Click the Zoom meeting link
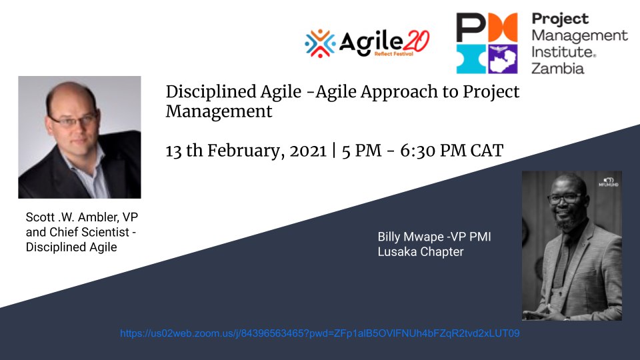(x=319, y=333)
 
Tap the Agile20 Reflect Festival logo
(x=367, y=43)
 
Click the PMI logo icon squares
(x=487, y=43)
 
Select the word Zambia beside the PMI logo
(x=557, y=68)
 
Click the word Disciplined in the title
(x=211, y=91)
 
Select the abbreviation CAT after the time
(x=487, y=151)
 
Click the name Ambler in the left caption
(x=98, y=217)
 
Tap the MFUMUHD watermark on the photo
(x=608, y=182)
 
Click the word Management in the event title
(x=219, y=111)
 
